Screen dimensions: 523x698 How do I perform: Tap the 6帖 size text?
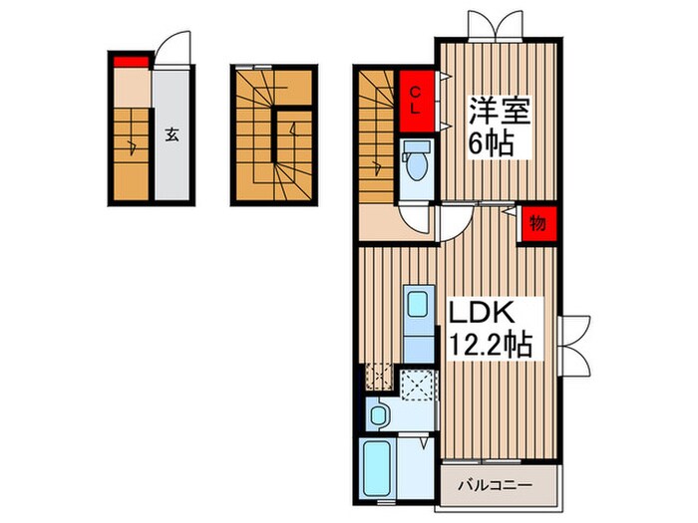(x=491, y=145)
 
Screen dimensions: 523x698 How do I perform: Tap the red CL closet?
(x=417, y=101)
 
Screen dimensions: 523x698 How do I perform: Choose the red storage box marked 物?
(x=537, y=224)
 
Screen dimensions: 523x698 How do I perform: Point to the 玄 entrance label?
(x=172, y=136)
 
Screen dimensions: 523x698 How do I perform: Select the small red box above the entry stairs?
(x=130, y=64)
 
